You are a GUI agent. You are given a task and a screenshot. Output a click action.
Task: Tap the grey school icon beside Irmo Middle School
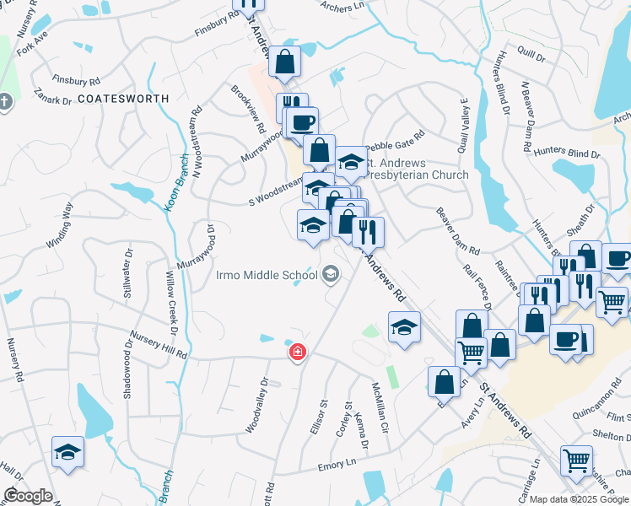tap(331, 273)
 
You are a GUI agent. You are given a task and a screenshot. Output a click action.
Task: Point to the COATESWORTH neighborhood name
tap(123, 99)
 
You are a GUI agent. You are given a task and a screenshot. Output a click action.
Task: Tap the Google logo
tap(28, 496)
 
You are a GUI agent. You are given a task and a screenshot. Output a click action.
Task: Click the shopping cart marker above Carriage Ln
tap(576, 460)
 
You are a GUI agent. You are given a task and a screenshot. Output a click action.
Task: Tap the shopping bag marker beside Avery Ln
tap(444, 381)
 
